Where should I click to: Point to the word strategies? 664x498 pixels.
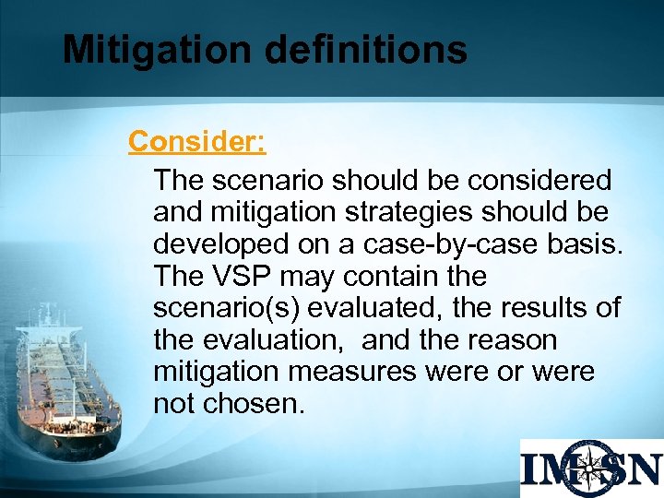click(397, 211)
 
